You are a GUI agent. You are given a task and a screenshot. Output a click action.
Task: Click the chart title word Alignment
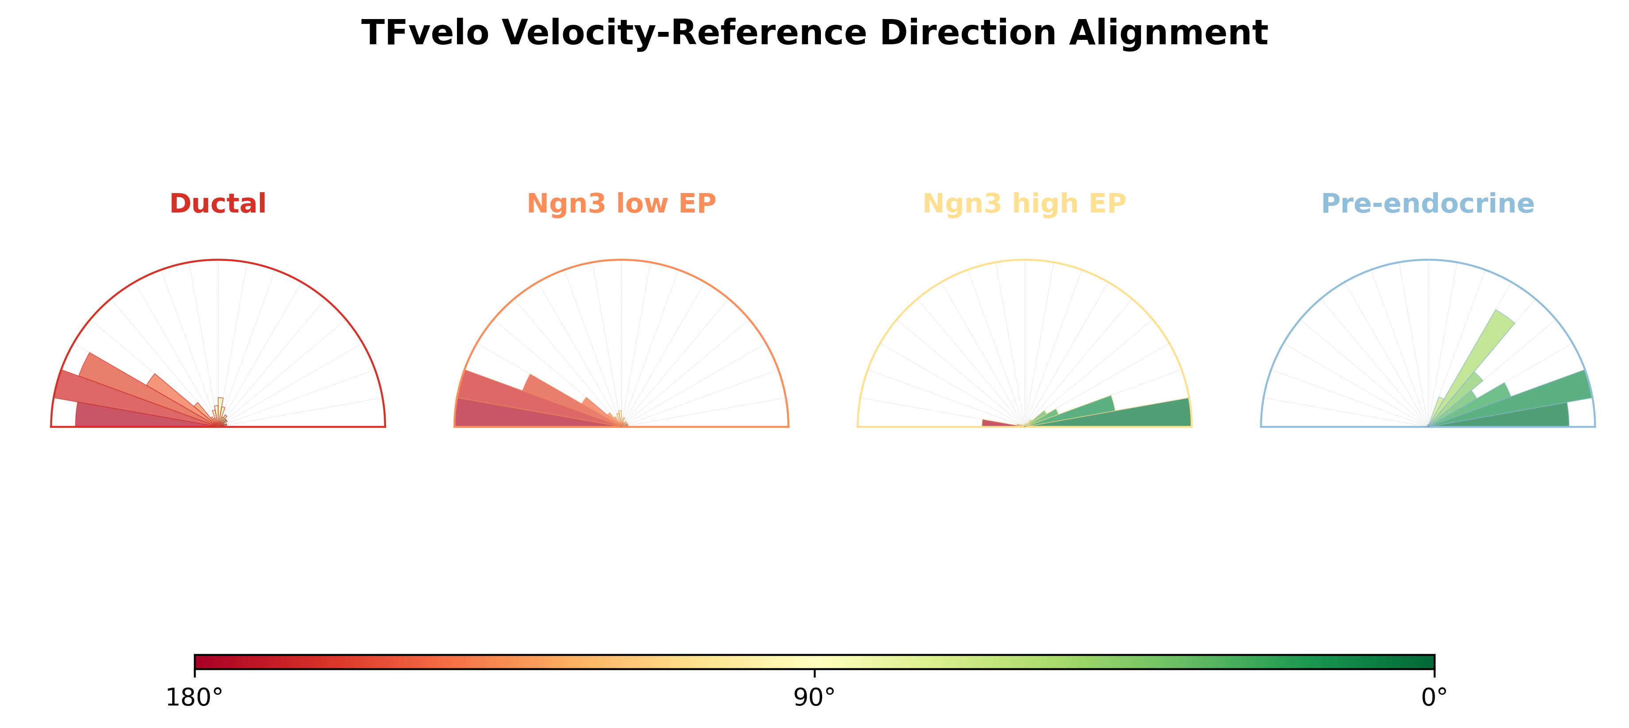click(x=1168, y=33)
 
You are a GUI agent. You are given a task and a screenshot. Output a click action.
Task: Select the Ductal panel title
click(x=218, y=204)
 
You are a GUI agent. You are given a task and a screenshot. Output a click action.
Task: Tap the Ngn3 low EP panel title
click(x=621, y=204)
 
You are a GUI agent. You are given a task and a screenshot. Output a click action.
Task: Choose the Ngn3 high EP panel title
click(x=1025, y=204)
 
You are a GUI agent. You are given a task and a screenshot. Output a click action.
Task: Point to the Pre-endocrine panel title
click(x=1428, y=204)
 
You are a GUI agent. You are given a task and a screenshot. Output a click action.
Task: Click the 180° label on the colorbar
click(x=194, y=697)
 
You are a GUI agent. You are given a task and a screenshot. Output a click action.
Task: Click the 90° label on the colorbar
click(x=815, y=697)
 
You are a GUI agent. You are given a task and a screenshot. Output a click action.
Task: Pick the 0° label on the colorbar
click(x=1434, y=697)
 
